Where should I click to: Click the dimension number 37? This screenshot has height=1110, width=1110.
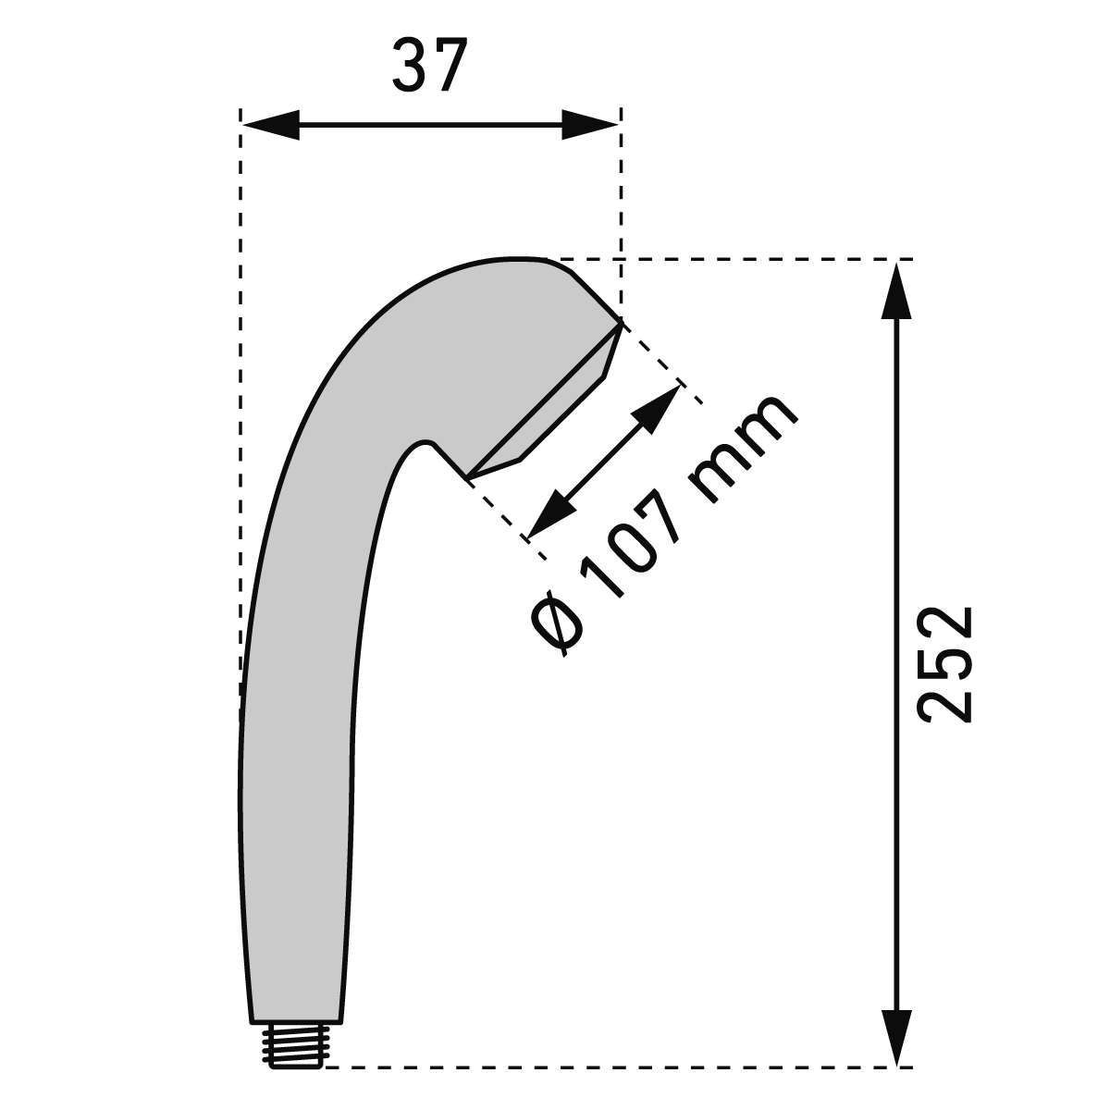[430, 65]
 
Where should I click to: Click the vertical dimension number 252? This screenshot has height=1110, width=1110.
[944, 664]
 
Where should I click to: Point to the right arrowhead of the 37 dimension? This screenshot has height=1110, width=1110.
[590, 125]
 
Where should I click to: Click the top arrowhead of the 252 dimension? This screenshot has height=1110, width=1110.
[896, 290]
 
